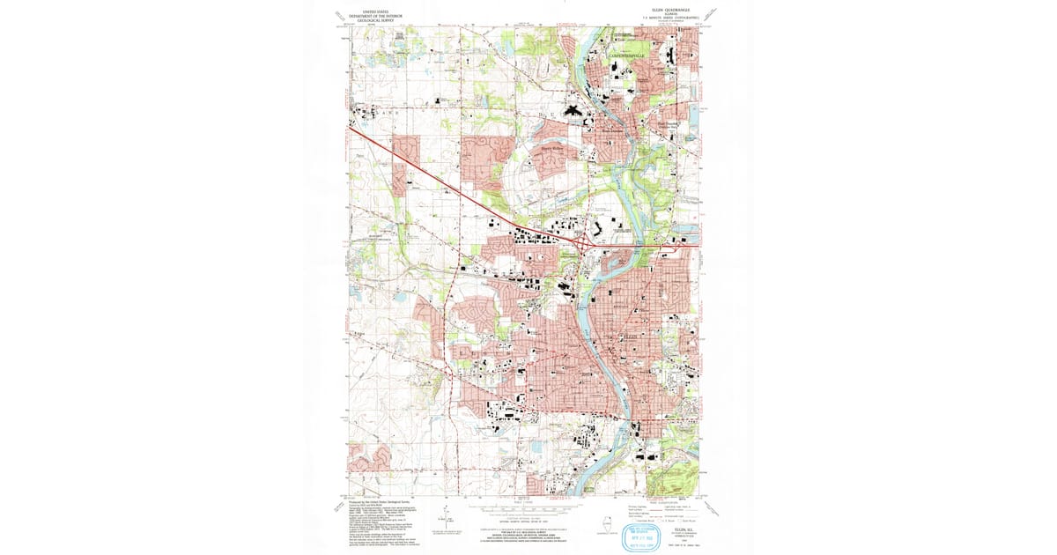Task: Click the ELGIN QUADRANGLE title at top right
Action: point(658,7)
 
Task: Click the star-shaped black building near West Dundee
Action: point(571,112)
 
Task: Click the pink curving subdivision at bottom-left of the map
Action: point(369,457)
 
